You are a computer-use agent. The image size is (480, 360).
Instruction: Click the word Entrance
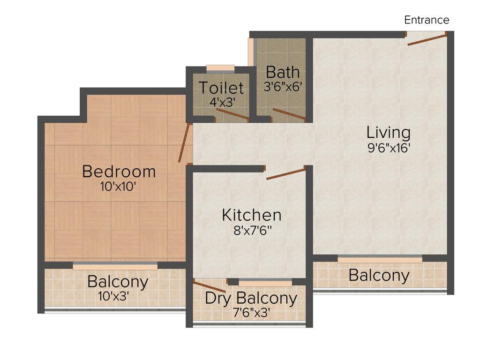pos(427,20)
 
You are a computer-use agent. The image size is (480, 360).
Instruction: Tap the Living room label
pos(389,133)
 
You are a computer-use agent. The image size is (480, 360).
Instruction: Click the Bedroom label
pos(119,171)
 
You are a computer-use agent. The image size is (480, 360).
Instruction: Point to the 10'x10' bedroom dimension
pos(118,187)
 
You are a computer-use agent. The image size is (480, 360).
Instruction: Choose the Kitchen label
pos(252,215)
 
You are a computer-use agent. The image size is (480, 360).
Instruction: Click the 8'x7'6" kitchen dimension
pos(252,230)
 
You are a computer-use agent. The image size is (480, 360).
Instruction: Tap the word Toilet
pos(221,88)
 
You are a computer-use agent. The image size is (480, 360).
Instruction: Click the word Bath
pos(283,73)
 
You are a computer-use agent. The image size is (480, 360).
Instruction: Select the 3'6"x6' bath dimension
pos(283,87)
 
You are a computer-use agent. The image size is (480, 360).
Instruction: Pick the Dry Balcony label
pos(251,298)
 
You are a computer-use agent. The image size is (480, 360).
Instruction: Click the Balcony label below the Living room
pos(379,275)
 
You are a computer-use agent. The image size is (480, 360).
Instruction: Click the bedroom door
pos(184,143)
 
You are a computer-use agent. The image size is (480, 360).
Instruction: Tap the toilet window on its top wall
pos(220,68)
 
